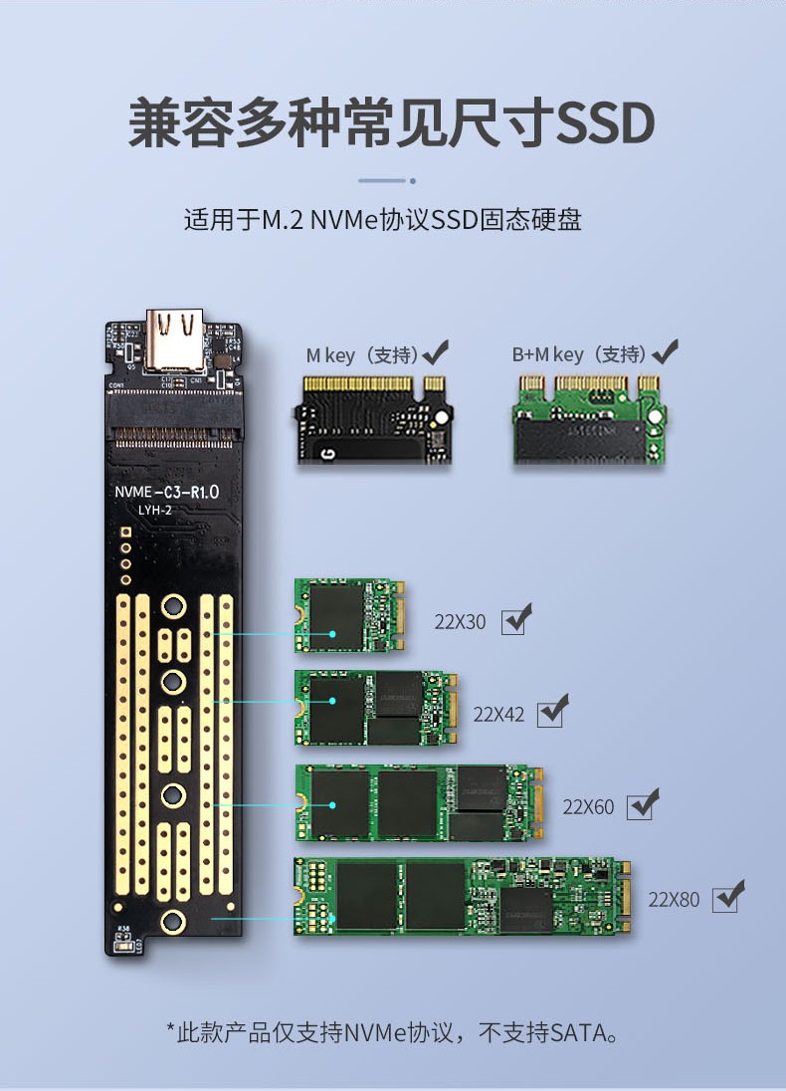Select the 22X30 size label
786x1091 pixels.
point(460,622)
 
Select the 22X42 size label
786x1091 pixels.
point(497,714)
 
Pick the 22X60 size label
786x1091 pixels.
point(588,806)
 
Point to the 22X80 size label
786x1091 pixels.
point(674,899)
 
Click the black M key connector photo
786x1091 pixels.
point(373,418)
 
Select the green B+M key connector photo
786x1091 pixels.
point(590,418)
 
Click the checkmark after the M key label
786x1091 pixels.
point(436,352)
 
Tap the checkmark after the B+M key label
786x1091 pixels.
point(665,352)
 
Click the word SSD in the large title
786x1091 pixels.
point(605,123)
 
